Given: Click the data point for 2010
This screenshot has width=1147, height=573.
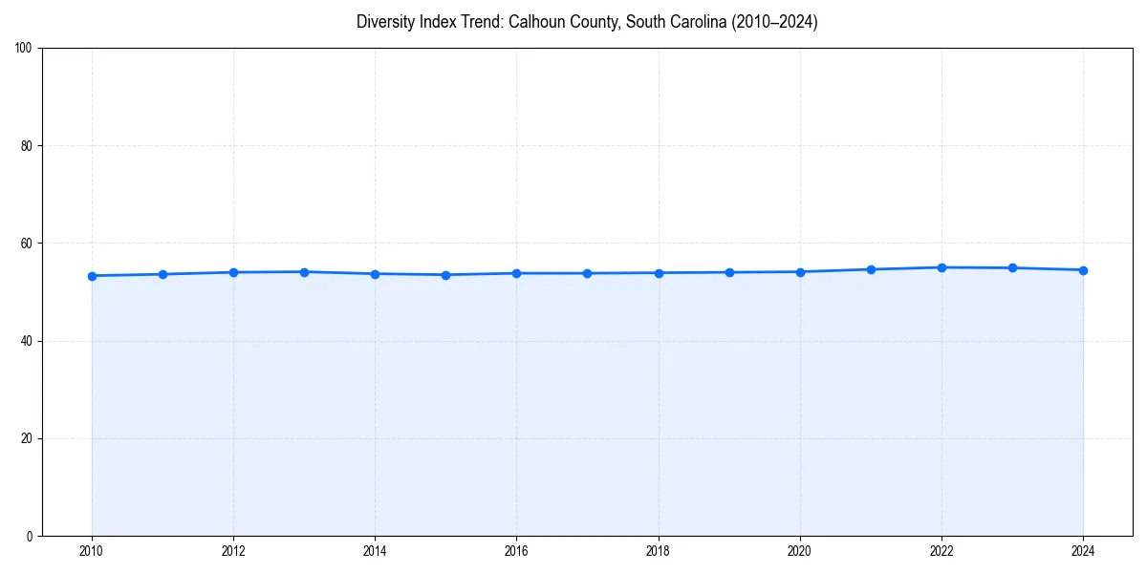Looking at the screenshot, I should click(x=92, y=276).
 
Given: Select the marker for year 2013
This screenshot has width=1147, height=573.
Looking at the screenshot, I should click(x=304, y=272).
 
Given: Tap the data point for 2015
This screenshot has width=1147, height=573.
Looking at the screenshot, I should click(x=445, y=275).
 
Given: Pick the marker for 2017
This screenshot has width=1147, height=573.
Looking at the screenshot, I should click(x=587, y=273).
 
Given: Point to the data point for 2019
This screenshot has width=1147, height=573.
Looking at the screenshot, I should click(x=729, y=272).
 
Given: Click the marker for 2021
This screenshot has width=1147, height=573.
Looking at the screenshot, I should click(x=871, y=269).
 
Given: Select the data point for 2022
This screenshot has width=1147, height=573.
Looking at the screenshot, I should click(x=941, y=267).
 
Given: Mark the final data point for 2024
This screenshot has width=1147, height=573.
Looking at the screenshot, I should click(x=1083, y=270).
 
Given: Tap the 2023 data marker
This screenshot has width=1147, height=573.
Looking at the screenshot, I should click(x=1012, y=267).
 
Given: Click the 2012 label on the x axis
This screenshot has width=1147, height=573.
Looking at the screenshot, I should click(x=233, y=551).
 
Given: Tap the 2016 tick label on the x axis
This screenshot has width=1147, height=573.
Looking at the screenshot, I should click(x=516, y=551).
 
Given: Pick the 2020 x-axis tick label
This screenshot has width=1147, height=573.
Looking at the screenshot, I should click(x=800, y=551).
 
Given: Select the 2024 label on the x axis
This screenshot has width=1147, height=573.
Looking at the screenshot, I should click(x=1083, y=551).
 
